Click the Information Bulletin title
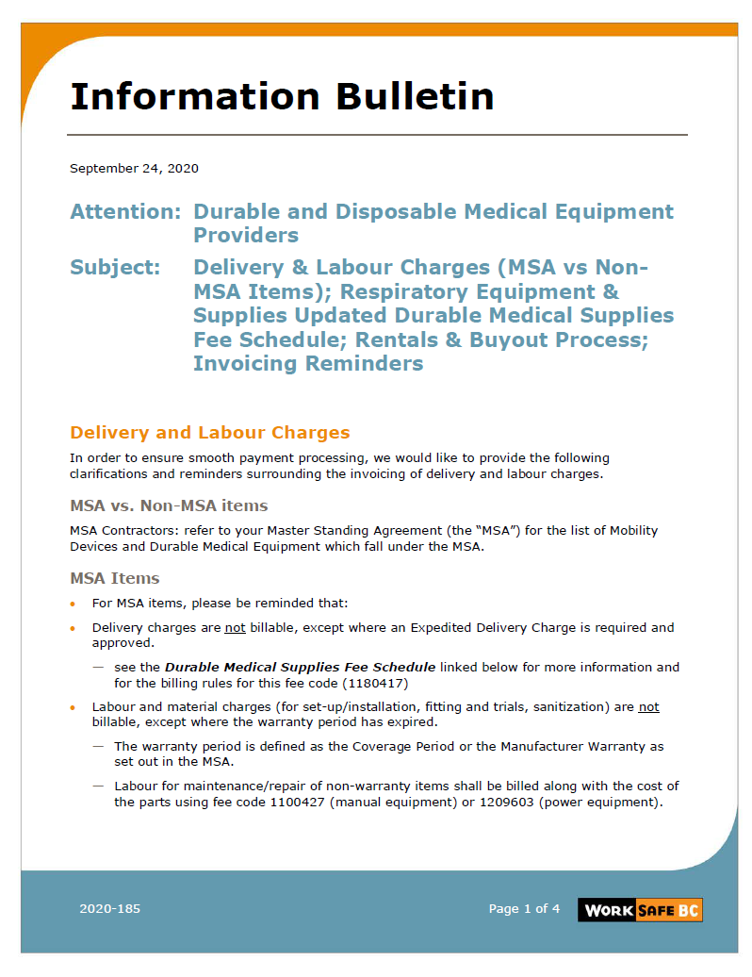pyautogui.click(x=282, y=96)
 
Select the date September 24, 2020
pyautogui.click(x=134, y=169)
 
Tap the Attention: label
pyautogui.click(x=124, y=211)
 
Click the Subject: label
pyautogui.click(x=115, y=268)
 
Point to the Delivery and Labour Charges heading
pyautogui.click(x=209, y=433)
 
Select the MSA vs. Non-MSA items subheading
pyautogui.click(x=169, y=505)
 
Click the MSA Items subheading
pyautogui.click(x=114, y=578)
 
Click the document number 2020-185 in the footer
pyautogui.click(x=109, y=909)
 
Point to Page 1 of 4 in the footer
pyautogui.click(x=524, y=909)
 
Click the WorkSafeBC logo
pyautogui.click(x=640, y=910)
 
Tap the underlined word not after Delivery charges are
pyautogui.click(x=235, y=627)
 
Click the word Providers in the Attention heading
pyautogui.click(x=246, y=235)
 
